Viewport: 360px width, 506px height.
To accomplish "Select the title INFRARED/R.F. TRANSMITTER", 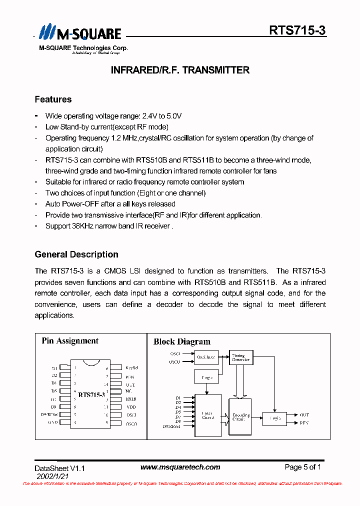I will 180,70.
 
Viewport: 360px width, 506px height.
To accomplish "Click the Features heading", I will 53,99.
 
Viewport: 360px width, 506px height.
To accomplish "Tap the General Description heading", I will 76,254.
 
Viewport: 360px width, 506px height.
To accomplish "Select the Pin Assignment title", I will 70,341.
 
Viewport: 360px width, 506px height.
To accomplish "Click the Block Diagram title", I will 182,342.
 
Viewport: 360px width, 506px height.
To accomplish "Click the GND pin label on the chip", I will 53,422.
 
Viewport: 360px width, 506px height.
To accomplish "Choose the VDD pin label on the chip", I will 131,406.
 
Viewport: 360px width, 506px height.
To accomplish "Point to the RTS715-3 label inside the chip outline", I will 91,395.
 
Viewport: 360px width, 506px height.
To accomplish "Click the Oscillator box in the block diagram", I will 206,357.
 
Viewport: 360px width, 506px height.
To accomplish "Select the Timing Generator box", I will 241,357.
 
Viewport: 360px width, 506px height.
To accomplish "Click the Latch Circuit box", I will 207,415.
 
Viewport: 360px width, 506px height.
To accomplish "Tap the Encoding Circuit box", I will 240,418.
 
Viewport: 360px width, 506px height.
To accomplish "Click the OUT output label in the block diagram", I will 304,414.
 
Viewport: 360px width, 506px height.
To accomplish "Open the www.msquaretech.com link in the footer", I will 180,467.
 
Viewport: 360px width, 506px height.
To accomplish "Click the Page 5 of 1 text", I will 302,467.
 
